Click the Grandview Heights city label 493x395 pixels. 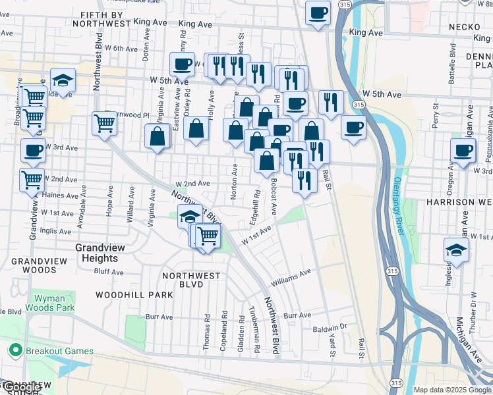coord(98,253)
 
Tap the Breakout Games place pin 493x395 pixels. coord(13,351)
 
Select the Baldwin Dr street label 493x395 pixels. coord(330,327)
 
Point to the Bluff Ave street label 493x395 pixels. coord(109,271)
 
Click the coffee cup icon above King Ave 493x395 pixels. coord(318,13)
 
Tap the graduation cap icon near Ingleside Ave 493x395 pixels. coord(456,250)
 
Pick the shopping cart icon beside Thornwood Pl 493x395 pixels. coord(104,122)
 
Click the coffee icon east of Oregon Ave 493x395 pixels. coord(463,150)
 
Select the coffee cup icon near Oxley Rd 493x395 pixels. coord(182,64)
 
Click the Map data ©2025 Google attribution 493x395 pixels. coord(452,390)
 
